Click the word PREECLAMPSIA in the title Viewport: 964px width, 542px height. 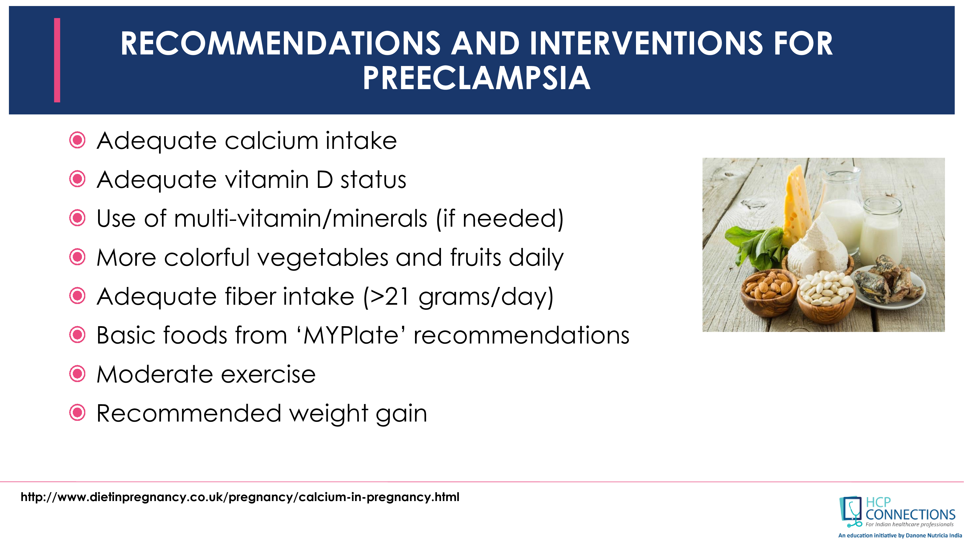click(476, 78)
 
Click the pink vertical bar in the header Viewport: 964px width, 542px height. click(57, 60)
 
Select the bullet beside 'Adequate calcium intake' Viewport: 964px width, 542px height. click(77, 141)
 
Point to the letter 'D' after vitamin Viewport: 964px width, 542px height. click(324, 179)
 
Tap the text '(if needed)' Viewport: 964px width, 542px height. click(500, 218)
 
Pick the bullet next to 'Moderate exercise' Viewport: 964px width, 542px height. click(77, 374)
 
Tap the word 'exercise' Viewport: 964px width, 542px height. click(268, 374)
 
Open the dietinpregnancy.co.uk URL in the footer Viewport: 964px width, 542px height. click(240, 497)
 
